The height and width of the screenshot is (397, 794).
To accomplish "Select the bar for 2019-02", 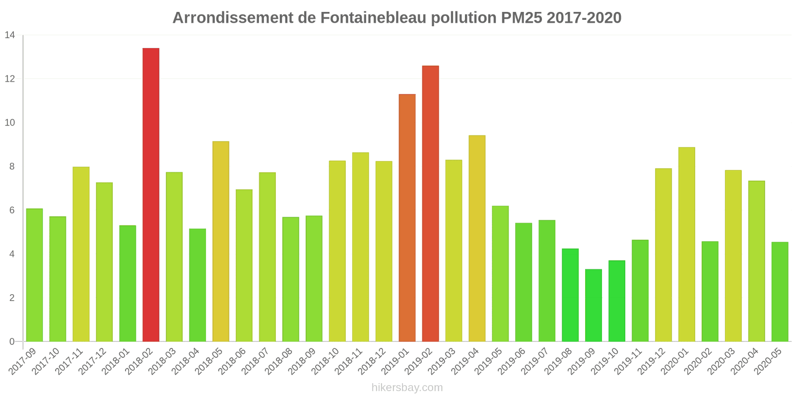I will click(x=430, y=203).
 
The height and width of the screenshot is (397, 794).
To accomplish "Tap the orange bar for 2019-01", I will click(x=407, y=218).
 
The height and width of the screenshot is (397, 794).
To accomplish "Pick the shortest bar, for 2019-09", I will click(x=594, y=305).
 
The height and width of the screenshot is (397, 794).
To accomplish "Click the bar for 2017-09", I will click(x=34, y=275).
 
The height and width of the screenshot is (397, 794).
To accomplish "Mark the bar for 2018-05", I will click(x=221, y=241).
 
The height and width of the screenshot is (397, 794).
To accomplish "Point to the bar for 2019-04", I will click(x=477, y=238).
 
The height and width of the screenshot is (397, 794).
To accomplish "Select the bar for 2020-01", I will click(x=686, y=244).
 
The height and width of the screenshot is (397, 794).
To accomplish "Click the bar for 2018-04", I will click(x=198, y=285).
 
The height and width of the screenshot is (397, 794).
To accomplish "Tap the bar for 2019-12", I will click(x=663, y=255).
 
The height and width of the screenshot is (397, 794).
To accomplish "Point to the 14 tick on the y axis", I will click(x=10, y=35).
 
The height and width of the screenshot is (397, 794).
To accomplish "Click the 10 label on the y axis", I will click(x=10, y=123).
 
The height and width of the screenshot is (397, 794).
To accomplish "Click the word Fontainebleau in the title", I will click(x=373, y=18).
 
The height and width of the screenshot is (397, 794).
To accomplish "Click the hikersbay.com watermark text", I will click(x=407, y=388).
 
